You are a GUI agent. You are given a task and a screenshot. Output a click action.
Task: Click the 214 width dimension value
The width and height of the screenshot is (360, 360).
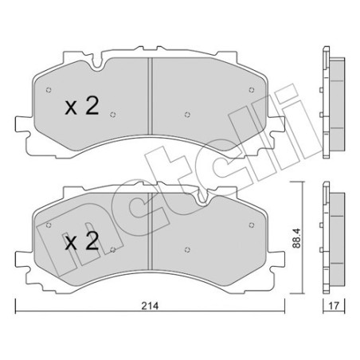click(150, 306)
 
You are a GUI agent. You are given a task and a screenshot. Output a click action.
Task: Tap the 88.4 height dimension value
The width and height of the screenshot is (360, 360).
click(296, 238)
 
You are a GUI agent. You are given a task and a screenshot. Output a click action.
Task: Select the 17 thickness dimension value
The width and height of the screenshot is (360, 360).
click(334, 306)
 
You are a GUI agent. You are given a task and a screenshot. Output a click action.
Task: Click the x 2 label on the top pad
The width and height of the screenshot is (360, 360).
click(82, 106)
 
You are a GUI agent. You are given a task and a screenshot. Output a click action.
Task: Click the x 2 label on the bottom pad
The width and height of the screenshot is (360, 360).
click(82, 241)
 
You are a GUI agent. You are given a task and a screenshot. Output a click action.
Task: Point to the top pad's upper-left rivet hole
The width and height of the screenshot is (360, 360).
click(49, 90)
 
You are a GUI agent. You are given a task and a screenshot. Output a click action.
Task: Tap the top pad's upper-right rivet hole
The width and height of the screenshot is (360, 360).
click(252, 90)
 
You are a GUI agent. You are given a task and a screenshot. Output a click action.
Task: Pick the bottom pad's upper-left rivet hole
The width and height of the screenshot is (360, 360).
click(49, 225)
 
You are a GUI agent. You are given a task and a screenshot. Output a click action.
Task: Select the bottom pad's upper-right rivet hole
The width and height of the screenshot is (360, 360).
click(252, 225)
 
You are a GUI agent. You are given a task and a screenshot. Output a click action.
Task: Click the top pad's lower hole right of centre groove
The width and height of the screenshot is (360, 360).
click(187, 115)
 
